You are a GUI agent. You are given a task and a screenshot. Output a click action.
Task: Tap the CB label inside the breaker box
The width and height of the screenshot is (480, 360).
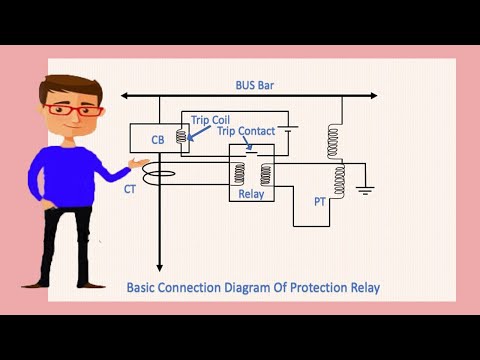coord(158,140)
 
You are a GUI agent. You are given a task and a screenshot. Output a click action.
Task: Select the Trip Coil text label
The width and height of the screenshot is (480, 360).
coord(210,119)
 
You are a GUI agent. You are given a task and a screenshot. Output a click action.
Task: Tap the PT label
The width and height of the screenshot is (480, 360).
coord(320,201)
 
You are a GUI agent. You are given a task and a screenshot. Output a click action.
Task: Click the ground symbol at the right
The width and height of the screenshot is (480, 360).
coord(367,189)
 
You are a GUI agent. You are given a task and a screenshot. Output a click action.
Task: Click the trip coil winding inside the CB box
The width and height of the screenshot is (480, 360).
coord(182,138)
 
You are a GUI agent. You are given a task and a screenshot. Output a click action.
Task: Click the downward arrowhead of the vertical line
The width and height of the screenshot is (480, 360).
coord(160,267)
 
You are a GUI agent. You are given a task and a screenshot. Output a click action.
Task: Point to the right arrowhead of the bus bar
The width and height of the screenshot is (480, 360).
coord(373,96)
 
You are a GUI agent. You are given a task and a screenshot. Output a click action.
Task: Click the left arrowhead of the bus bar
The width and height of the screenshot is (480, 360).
coord(124,96)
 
